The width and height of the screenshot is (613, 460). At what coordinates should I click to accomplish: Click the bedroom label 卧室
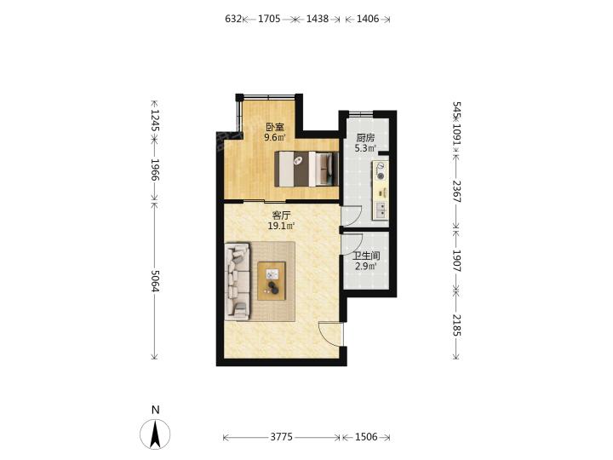(x=275, y=127)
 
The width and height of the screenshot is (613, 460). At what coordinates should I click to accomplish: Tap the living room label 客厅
(x=281, y=216)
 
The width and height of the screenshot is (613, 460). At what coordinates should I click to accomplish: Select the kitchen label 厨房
(x=365, y=138)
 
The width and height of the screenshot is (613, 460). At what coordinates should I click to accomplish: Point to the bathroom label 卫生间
(x=366, y=256)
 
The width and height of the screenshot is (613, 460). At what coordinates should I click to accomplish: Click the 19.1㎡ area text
(x=281, y=226)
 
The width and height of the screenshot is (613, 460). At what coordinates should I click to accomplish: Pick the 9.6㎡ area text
(x=275, y=137)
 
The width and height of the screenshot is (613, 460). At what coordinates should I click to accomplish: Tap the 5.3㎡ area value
(x=365, y=148)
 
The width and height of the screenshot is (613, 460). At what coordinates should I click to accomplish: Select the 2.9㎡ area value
(x=366, y=267)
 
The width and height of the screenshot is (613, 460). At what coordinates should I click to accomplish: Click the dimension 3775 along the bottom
(x=282, y=437)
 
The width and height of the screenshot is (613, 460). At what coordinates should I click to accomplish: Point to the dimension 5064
(x=155, y=281)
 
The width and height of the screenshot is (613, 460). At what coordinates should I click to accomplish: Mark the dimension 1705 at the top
(x=269, y=19)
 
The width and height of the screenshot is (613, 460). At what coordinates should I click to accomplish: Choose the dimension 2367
(x=457, y=192)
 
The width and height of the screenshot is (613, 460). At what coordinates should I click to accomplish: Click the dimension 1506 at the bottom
(x=366, y=437)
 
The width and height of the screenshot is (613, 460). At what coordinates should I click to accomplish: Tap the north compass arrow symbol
(x=155, y=434)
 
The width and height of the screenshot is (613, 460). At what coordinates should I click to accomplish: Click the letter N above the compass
(x=156, y=410)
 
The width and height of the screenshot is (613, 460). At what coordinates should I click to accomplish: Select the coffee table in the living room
(x=272, y=281)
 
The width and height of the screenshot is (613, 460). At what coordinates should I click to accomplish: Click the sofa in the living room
(x=238, y=282)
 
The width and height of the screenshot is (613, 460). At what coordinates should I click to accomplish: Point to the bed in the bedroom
(x=306, y=169)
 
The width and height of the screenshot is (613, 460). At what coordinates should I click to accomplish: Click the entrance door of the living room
(x=330, y=335)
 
